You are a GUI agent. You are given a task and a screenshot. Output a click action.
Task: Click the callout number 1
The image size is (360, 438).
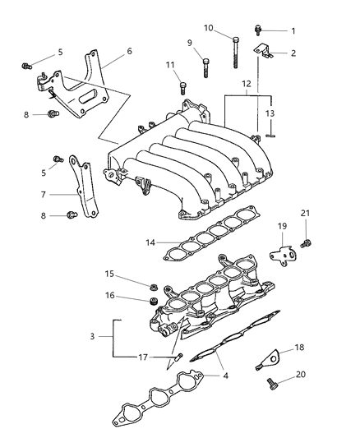coord(293,30)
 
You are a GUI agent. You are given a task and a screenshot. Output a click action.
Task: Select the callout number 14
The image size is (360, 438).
coord(150,243)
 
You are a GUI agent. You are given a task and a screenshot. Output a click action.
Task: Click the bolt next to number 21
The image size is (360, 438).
coord(306,242)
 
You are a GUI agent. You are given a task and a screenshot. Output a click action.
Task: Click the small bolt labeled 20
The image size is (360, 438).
coord(271,381)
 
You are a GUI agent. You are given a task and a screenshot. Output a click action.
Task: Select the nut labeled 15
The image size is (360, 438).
coord(153,287)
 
